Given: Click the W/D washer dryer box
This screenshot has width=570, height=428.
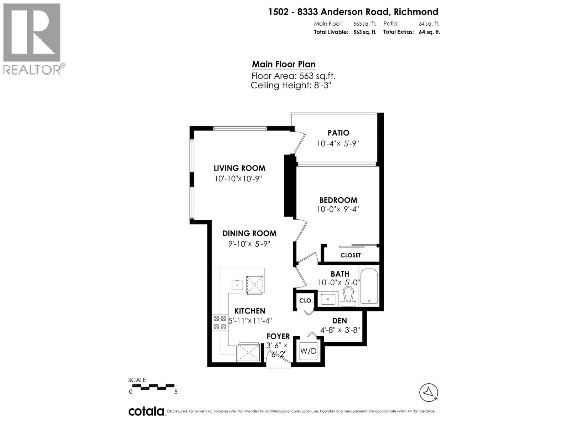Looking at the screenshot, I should coord(308,351).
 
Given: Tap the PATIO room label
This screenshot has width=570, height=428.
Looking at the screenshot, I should coord(338,133).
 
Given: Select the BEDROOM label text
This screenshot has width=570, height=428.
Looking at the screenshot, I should coord(338,200).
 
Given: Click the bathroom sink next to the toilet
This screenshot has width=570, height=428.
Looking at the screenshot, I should coord(328,299).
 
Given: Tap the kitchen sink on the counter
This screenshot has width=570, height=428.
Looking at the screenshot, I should coord(237,285).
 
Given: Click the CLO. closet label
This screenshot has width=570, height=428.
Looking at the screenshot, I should coord(306,301).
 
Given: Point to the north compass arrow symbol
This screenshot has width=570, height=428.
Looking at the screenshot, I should coord(429,392).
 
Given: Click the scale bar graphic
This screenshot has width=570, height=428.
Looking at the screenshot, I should coord(152,386).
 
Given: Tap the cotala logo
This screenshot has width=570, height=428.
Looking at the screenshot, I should coord(146,411).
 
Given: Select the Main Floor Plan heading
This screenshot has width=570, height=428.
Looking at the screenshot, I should coord(284,64).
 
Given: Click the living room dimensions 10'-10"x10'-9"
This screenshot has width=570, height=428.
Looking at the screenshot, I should coord(238,179).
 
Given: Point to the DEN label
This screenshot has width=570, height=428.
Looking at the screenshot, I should coord(339,321).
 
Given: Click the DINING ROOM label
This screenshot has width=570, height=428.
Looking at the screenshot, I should coord(249,233).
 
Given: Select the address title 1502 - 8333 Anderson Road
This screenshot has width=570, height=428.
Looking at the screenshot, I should coord(353,12).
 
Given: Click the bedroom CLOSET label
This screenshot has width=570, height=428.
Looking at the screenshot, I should coord(351,255).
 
